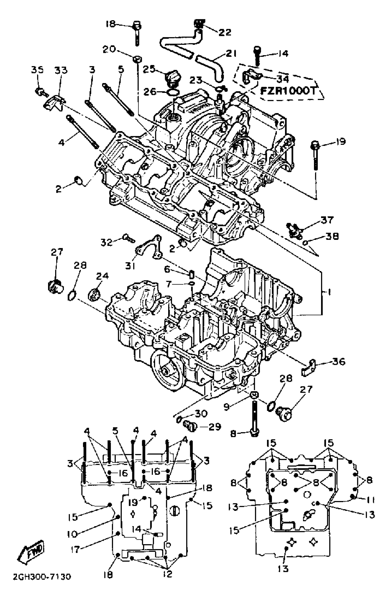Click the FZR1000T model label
click(x=288, y=91)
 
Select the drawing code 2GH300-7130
click(x=42, y=577)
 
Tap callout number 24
click(x=102, y=276)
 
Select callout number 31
click(x=130, y=266)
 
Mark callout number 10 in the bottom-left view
click(x=73, y=534)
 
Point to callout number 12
click(x=167, y=574)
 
